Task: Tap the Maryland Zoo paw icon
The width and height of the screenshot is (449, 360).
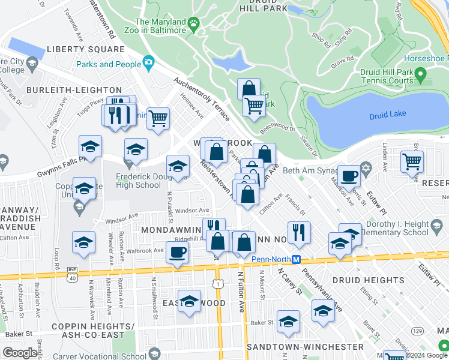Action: point(193,23)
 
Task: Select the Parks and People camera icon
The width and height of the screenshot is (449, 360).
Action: point(148,62)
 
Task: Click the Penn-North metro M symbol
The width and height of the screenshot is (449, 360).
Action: point(296,259)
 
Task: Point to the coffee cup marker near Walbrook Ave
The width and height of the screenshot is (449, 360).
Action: point(176,252)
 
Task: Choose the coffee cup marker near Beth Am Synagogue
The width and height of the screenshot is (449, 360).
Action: point(349,176)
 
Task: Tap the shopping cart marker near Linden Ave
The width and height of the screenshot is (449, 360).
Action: point(412,161)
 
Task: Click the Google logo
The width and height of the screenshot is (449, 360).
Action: point(20,353)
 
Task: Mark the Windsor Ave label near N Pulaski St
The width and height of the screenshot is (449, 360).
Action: point(191,211)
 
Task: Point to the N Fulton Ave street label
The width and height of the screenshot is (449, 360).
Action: point(241,291)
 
